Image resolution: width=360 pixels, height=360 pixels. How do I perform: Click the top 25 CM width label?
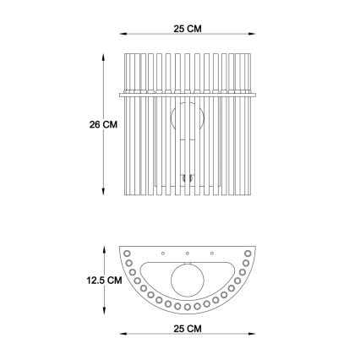[187, 29]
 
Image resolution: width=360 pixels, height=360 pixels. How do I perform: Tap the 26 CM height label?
[103, 124]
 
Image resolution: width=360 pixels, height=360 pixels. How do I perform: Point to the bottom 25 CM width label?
[188, 327]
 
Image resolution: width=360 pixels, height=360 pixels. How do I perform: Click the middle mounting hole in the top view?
[188, 253]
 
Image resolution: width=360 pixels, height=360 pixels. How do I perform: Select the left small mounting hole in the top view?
[164, 253]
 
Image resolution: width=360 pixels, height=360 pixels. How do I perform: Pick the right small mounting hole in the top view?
[211, 253]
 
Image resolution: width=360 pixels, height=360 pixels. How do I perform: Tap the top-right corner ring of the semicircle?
[248, 253]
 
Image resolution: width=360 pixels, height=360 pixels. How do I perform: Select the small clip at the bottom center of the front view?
[188, 178]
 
